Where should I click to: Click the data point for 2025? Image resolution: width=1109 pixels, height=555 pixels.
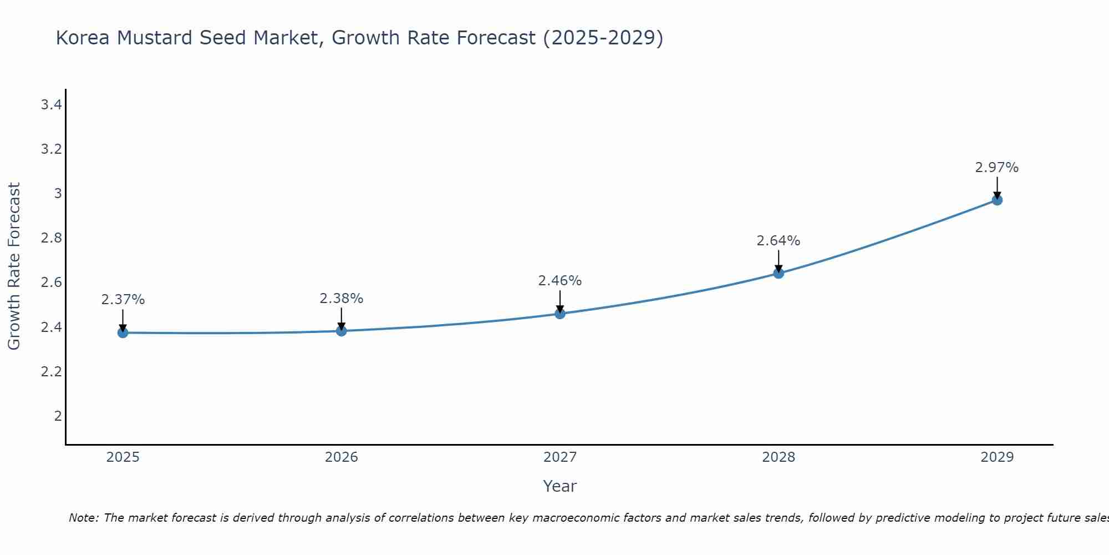123,332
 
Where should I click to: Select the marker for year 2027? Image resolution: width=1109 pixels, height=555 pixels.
559,314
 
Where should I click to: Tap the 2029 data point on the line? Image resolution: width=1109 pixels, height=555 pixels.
996,200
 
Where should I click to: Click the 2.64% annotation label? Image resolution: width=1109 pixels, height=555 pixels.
778,241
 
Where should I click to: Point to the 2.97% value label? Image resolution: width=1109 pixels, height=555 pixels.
996,168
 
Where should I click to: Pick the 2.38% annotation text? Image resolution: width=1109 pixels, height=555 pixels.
341,299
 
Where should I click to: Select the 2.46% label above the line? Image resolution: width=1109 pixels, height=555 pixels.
559,281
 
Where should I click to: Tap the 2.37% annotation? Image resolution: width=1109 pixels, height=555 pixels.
123,300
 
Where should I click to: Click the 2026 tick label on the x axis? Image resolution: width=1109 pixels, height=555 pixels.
341,457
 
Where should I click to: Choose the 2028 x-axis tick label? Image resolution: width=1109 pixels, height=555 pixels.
778,457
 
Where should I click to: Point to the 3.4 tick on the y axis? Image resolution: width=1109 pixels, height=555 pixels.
51,105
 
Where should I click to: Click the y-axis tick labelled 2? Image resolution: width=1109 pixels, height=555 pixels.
58,416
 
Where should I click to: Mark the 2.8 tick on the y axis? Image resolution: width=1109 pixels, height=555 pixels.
51,238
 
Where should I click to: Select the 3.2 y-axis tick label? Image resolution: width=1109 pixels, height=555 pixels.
51,149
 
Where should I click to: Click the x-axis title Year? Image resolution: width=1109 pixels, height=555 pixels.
559,486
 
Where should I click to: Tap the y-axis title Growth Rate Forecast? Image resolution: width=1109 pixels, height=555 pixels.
14,266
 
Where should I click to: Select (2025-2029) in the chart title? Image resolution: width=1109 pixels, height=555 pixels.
603,38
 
